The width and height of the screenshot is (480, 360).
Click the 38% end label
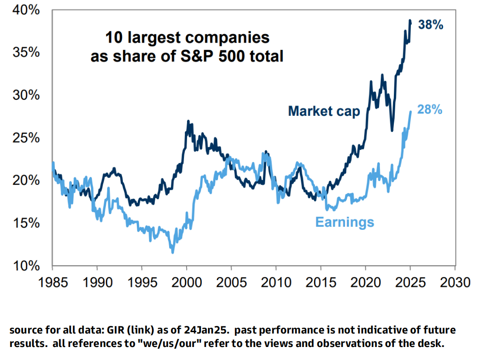(431, 25)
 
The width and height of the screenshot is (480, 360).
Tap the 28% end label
(430, 109)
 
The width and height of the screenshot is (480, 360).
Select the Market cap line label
(324, 111)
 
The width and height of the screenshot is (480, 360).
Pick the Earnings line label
(345, 222)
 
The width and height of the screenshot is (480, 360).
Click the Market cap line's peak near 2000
(188, 121)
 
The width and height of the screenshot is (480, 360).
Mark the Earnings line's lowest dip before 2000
(173, 252)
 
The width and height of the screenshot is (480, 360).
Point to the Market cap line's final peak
(410, 21)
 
